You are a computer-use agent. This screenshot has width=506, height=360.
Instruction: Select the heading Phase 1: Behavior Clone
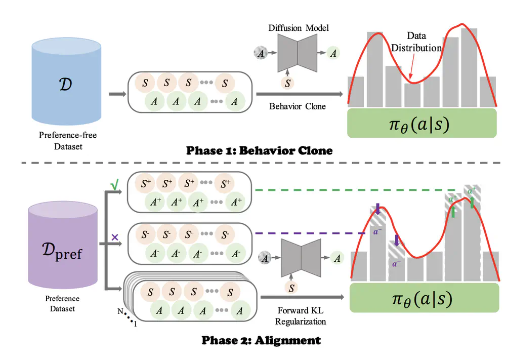coord(260,150)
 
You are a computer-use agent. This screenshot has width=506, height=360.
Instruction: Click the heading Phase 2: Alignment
coord(261,340)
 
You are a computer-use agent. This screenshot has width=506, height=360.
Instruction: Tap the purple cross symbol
coord(115,236)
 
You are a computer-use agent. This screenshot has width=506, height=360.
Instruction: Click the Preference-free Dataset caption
coord(67,140)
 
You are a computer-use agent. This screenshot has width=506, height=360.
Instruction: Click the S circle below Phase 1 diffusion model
coord(287,84)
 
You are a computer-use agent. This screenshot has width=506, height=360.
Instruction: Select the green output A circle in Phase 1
coord(332,53)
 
